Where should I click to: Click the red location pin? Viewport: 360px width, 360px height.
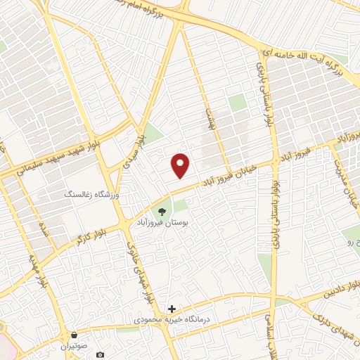click(x=181, y=165)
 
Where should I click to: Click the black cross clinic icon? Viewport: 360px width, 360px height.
click(x=172, y=309)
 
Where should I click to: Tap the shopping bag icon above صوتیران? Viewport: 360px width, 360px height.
click(x=75, y=335)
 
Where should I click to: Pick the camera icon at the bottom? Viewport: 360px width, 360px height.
click(x=101, y=354)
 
